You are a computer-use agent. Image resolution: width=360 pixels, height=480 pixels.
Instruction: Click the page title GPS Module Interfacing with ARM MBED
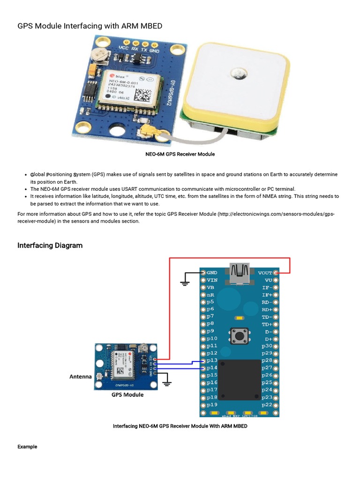(90, 26)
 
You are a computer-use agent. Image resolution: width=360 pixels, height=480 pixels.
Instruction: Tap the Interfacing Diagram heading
(50, 245)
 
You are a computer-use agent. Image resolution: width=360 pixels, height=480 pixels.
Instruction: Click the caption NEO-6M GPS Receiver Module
(180, 154)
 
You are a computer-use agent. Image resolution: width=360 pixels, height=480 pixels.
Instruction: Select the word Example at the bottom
(27, 447)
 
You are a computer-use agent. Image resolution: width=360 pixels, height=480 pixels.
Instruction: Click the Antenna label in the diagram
(81, 376)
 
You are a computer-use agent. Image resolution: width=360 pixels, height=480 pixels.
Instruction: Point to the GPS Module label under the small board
(127, 395)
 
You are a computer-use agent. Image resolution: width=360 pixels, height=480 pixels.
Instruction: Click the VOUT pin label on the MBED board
(265, 272)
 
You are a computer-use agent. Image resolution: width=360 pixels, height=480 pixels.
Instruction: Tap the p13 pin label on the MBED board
(212, 360)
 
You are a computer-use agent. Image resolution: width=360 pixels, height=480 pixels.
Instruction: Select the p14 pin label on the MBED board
(212, 368)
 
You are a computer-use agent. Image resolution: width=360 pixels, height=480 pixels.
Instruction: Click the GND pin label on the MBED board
(212, 272)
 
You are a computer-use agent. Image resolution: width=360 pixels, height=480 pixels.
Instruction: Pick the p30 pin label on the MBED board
(267, 346)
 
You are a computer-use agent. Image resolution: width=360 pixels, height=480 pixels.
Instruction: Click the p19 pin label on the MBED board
(212, 405)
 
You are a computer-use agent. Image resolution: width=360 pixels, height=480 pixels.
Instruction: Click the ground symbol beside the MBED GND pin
(185, 282)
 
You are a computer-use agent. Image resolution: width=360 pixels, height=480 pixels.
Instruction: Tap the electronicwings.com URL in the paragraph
(277, 214)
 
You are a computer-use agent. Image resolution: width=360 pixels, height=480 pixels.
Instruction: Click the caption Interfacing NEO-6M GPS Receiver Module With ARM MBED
(180, 426)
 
